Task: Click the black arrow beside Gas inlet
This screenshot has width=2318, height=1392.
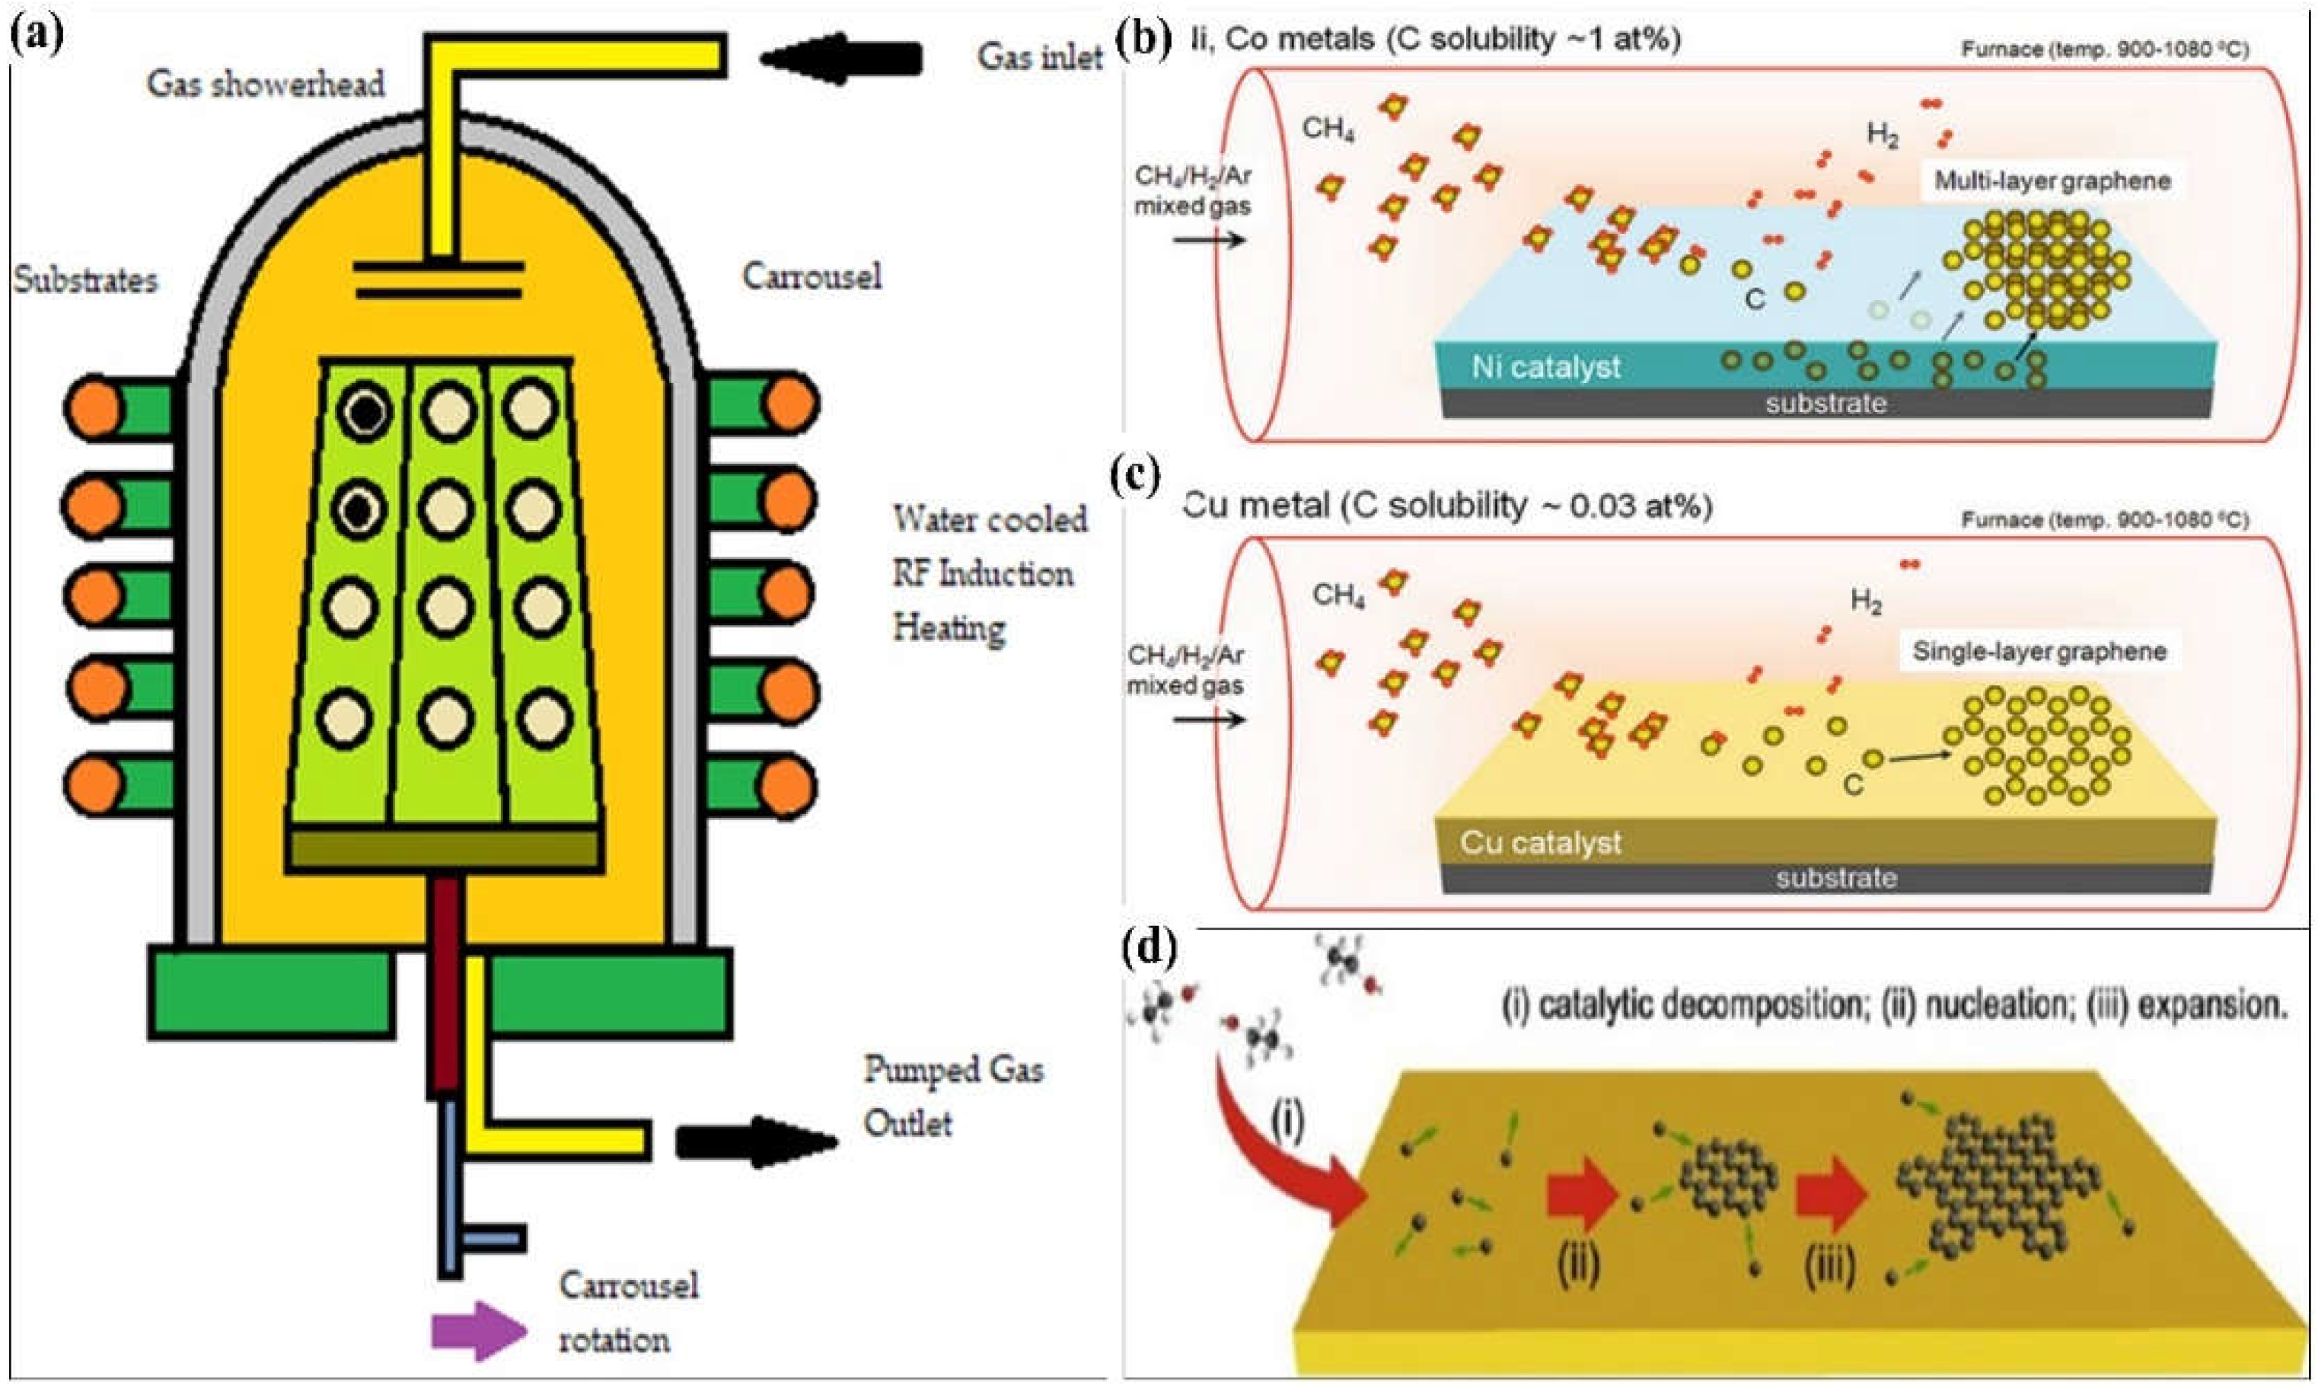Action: pos(840,58)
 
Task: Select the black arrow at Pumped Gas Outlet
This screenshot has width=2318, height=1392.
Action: pos(756,1141)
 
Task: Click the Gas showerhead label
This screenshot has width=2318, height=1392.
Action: pos(266,85)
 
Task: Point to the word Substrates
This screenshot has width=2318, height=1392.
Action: pos(85,279)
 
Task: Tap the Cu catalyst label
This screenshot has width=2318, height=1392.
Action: pos(1540,842)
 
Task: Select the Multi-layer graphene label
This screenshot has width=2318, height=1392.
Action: pos(2052,181)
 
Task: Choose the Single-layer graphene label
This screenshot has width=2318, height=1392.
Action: pos(2039,651)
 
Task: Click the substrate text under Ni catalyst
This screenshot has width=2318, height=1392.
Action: pos(1825,404)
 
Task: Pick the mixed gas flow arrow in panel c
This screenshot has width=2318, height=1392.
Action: pos(1210,720)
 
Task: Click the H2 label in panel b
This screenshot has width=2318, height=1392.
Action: pos(1882,136)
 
